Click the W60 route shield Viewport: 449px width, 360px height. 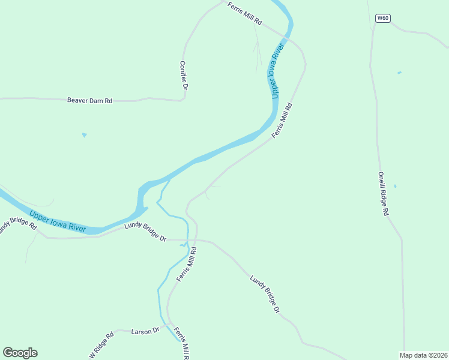[383, 18]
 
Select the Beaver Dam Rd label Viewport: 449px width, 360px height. [89, 101]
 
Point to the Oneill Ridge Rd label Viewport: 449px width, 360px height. [384, 194]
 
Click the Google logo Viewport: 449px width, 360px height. [20, 353]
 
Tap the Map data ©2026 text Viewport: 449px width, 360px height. [423, 355]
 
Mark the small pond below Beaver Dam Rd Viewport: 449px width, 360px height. [84, 135]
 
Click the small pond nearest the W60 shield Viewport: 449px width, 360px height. [399, 73]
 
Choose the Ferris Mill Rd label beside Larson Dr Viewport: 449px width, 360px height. [182, 342]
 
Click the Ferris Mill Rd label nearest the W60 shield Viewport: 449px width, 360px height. [245, 13]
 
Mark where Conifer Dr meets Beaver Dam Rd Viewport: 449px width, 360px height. [182, 100]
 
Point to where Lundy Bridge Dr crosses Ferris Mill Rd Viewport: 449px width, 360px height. [195, 240]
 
